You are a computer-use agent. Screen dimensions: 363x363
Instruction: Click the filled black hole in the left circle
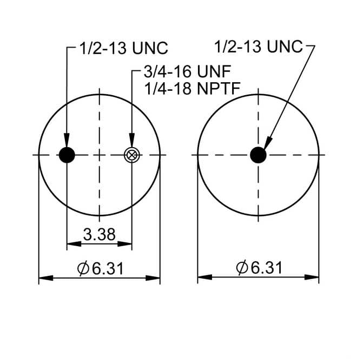(67, 155)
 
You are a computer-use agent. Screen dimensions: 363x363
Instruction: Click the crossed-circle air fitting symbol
(131, 155)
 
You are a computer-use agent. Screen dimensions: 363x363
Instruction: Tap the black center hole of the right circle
(258, 155)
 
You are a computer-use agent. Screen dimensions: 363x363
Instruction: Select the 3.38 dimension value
(100, 234)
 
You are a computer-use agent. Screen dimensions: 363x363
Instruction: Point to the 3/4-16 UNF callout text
(187, 71)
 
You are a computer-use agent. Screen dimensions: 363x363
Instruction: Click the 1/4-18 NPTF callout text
(192, 88)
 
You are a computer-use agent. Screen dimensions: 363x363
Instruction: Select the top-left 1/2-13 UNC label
(124, 48)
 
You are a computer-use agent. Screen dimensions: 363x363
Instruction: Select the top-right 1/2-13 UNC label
(259, 47)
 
